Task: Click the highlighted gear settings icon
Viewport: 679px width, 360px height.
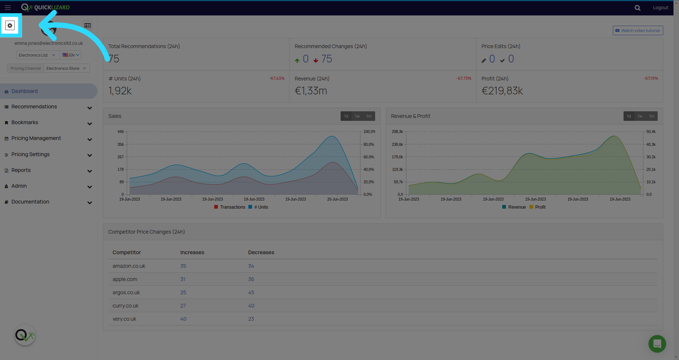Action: click(10, 26)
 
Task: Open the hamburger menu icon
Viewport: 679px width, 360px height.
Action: click(8, 7)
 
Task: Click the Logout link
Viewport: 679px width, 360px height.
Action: click(660, 8)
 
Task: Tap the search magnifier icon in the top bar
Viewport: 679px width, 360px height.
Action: click(637, 8)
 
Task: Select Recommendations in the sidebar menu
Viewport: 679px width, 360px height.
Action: click(34, 107)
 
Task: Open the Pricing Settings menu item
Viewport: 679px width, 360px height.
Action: click(30, 154)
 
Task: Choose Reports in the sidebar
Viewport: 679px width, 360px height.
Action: click(21, 170)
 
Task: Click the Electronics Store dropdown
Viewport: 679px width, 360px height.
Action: click(67, 68)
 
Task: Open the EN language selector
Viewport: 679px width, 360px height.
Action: click(71, 55)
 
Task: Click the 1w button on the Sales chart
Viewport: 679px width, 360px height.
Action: click(357, 116)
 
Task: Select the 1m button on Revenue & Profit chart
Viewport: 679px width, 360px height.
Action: click(651, 116)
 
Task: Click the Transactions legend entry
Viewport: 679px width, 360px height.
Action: click(230, 207)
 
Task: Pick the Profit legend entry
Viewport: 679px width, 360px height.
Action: click(538, 207)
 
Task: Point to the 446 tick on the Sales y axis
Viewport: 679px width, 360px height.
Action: click(121, 132)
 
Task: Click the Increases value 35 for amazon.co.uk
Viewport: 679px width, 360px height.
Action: click(183, 266)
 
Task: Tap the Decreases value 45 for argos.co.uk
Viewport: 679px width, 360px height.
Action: click(251, 292)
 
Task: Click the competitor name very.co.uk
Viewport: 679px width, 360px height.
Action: click(125, 319)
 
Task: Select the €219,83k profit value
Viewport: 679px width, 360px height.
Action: click(502, 91)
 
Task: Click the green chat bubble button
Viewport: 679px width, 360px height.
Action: click(657, 344)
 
